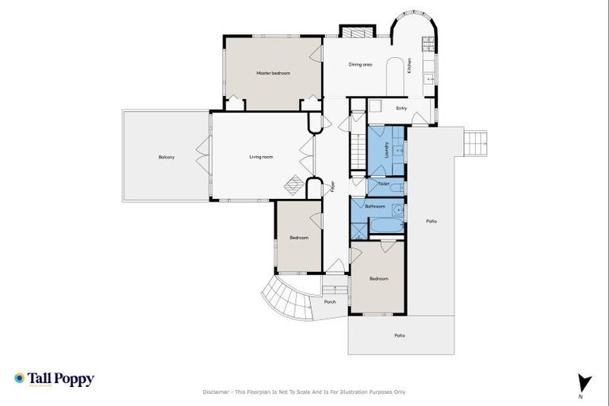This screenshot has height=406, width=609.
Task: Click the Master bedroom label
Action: click(273, 73)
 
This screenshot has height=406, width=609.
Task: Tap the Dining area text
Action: click(361, 64)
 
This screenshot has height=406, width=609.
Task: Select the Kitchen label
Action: click(409, 65)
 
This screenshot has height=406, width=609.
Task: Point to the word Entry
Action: click(402, 109)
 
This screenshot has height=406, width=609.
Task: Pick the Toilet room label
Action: click(384, 184)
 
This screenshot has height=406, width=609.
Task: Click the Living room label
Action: click(261, 157)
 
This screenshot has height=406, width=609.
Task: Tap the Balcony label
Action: click(166, 157)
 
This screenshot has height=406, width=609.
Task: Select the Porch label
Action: click(330, 301)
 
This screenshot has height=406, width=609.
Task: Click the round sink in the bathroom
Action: click(397, 211)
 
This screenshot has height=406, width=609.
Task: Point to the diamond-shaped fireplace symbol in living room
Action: click(293, 184)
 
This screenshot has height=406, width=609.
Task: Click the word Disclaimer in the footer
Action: click(217, 392)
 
